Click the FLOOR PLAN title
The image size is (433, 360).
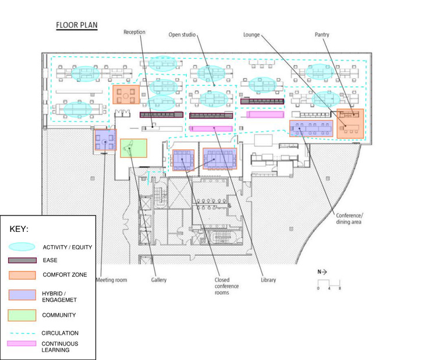pyautogui.click(x=77, y=25)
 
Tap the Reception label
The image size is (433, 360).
pyautogui.click(x=134, y=32)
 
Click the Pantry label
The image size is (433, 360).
pyautogui.click(x=322, y=35)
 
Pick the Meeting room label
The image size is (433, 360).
pyautogui.click(x=111, y=280)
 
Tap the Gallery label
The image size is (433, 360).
pyautogui.click(x=159, y=280)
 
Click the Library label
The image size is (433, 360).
pyautogui.click(x=268, y=280)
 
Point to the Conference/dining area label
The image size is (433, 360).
pyautogui.click(x=350, y=218)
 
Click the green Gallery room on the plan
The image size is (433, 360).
pyautogui.click(x=133, y=148)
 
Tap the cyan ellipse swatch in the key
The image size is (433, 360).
pyautogui.click(x=22, y=247)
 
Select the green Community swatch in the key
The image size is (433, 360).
pyautogui.click(x=22, y=315)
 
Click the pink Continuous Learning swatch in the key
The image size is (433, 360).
pyautogui.click(x=22, y=344)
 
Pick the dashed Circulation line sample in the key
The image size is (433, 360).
pyautogui.click(x=22, y=333)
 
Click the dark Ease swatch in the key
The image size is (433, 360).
pyautogui.click(x=22, y=260)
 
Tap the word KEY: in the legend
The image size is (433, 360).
pyautogui.click(x=19, y=229)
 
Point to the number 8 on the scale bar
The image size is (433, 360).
pyautogui.click(x=339, y=288)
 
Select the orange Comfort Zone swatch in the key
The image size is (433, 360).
pyautogui.click(x=22, y=274)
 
